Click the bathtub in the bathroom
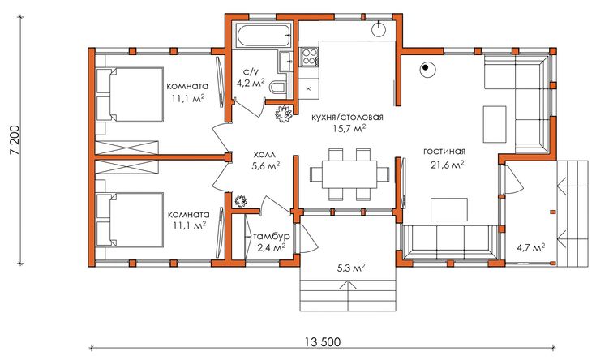click(264, 36)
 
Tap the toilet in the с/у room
click(278, 87)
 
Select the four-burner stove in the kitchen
click(309, 57)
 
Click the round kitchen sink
click(379, 30)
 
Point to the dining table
click(349, 174)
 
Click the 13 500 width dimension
click(323, 341)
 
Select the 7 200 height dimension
click(14, 140)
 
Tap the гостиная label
click(444, 152)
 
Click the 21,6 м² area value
click(447, 165)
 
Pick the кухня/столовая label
click(347, 117)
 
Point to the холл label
click(264, 155)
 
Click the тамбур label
click(272, 236)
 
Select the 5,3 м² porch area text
click(351, 268)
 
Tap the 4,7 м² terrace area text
click(530, 248)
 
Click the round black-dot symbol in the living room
click(427, 69)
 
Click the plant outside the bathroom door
click(284, 114)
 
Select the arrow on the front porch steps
click(348, 295)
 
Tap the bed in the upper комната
click(129, 95)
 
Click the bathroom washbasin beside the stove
click(285, 61)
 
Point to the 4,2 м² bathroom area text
click(251, 84)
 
